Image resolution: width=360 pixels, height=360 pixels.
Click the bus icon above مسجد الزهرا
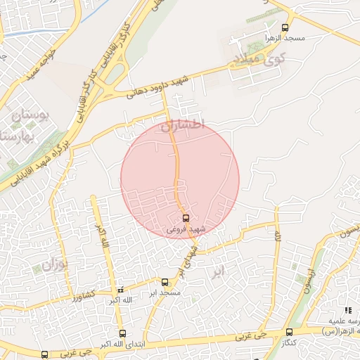click(284, 28)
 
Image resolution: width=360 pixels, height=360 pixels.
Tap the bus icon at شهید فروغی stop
click(186, 218)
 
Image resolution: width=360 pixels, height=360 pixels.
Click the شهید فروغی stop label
click(186, 229)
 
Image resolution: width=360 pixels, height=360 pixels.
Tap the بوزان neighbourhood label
click(53, 266)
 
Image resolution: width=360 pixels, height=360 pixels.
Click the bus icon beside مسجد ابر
click(165, 281)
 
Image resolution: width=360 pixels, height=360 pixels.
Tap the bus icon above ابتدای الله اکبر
click(122, 334)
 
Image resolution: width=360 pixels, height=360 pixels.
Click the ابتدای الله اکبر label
click(121, 345)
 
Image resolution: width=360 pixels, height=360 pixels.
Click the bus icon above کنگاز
click(289, 332)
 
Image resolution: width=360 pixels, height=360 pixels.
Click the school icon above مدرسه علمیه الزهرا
click(347, 310)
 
